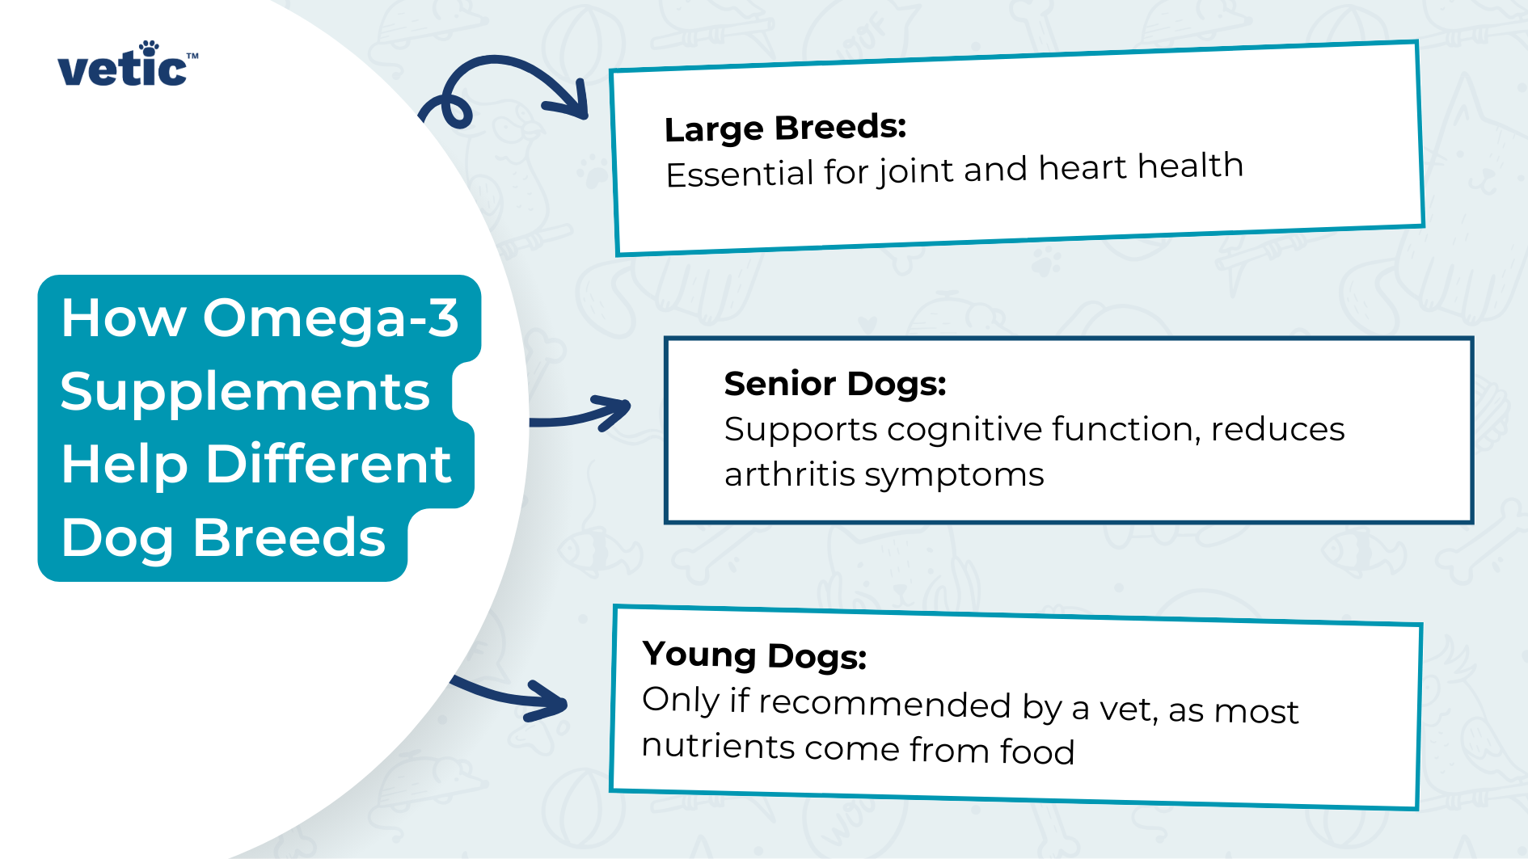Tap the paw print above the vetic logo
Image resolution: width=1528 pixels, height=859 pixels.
tap(150, 48)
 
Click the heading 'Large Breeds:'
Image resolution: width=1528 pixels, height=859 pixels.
tap(784, 128)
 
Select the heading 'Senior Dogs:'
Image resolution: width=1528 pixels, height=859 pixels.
tap(834, 383)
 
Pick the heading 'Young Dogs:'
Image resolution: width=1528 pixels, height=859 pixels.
tap(753, 655)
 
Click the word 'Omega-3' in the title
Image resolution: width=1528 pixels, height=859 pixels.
tap(330, 318)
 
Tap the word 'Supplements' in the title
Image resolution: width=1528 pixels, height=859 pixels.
tap(244, 391)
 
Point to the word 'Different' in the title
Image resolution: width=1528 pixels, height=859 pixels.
tap(328, 464)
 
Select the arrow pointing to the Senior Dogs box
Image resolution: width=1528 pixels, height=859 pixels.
tap(582, 413)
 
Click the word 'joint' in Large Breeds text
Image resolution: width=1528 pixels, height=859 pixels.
tap(916, 171)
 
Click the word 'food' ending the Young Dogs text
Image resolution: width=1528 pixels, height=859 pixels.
tap(1036, 751)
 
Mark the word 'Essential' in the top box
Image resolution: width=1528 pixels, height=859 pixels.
tap(739, 174)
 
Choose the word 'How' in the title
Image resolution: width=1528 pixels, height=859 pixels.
tap(124, 318)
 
